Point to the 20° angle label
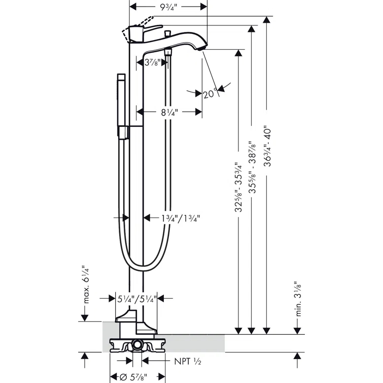[210, 94]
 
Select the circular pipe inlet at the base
[136, 346]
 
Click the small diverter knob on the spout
[167, 34]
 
